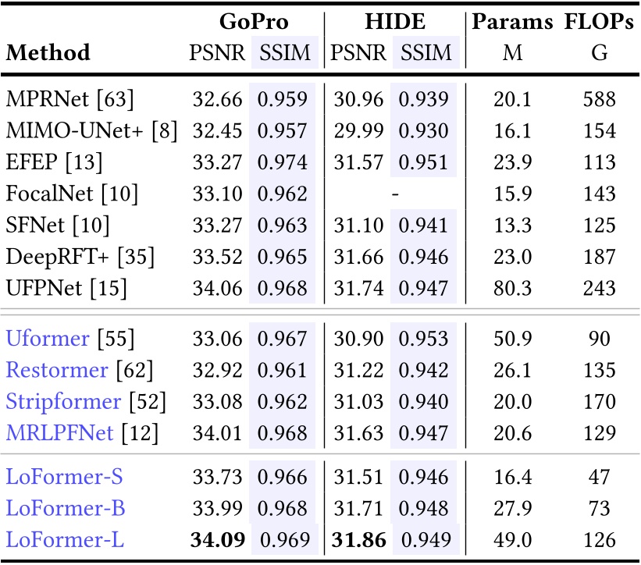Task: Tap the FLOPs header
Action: tap(599, 22)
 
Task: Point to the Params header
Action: tap(512, 22)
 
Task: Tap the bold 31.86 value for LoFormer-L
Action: tap(358, 539)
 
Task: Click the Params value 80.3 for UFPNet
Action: tap(512, 289)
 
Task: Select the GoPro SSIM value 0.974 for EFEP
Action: tap(283, 162)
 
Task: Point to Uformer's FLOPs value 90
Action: tap(599, 339)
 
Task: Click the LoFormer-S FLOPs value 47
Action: tap(599, 477)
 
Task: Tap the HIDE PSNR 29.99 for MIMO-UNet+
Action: tap(358, 130)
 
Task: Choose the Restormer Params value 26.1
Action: tap(512, 370)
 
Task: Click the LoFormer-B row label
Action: tap(65, 508)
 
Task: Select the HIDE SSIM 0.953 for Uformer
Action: tap(424, 339)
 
